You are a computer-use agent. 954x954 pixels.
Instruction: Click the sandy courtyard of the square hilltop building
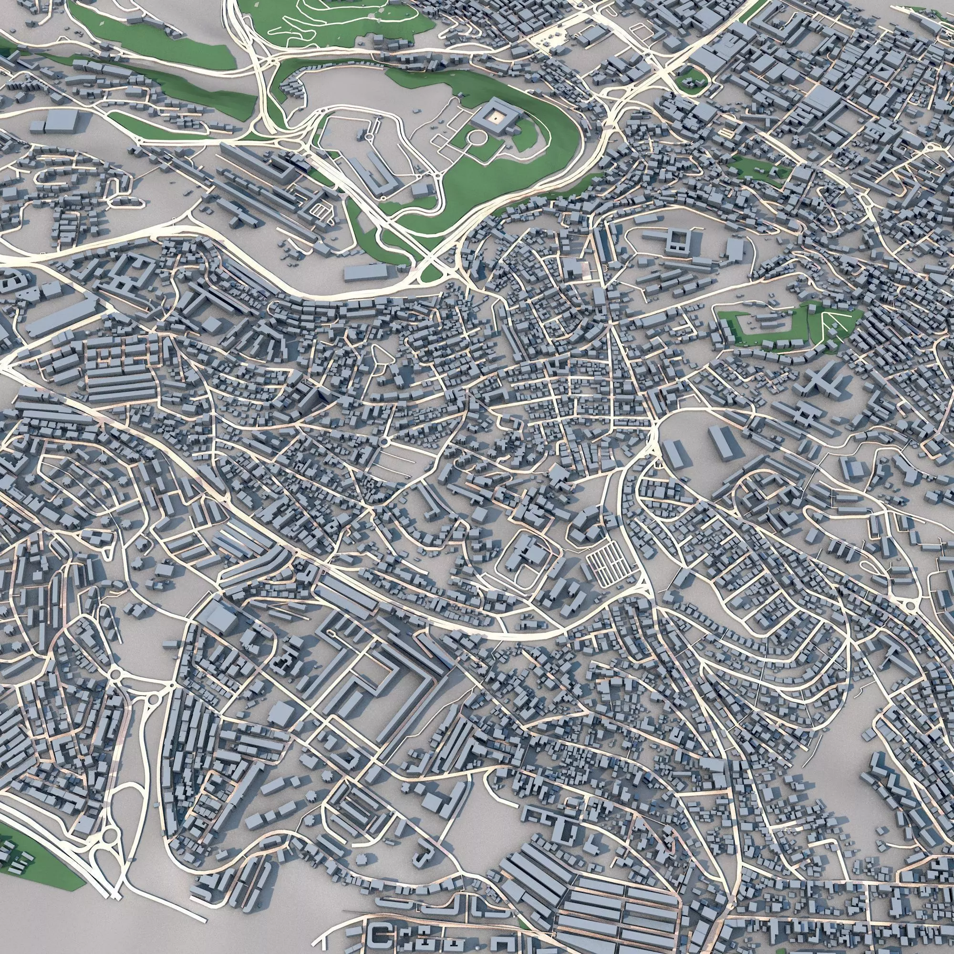click(x=495, y=116)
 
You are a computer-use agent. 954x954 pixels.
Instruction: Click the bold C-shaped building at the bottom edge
click(x=379, y=934)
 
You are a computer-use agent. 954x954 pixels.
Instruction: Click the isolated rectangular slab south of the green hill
click(x=366, y=272)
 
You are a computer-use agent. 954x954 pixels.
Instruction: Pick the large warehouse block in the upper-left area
click(x=61, y=121)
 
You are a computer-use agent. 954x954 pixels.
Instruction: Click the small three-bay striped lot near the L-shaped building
click(x=321, y=211)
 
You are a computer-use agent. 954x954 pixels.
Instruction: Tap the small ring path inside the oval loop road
click(x=370, y=136)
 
